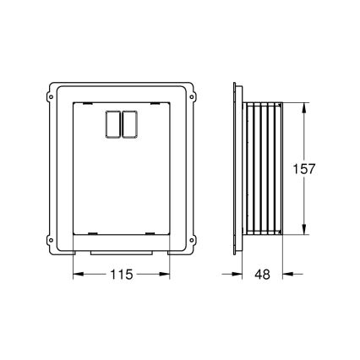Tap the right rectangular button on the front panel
[x=129, y=123]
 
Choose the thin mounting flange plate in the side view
[x=235, y=168]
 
